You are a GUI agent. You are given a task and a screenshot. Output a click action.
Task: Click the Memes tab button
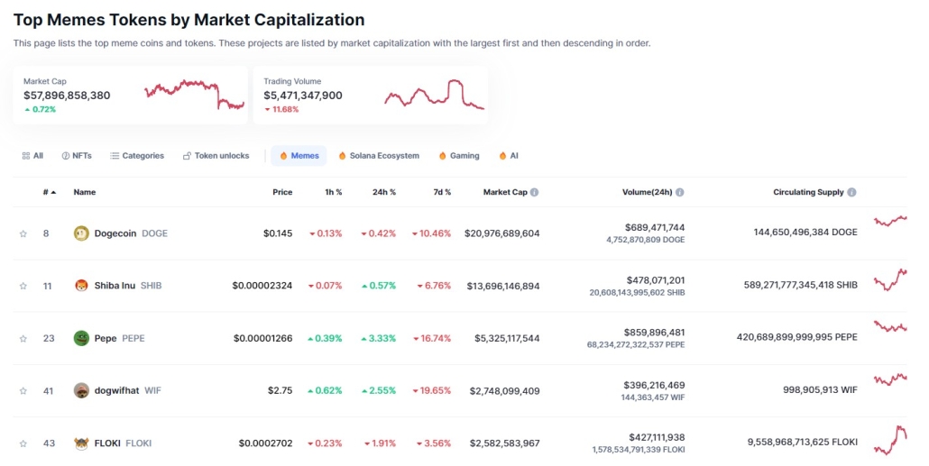click(299, 156)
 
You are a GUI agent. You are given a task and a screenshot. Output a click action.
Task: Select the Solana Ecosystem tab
click(379, 156)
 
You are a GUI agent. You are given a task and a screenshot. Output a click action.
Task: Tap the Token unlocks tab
click(216, 156)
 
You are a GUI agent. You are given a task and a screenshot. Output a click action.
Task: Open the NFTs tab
click(77, 156)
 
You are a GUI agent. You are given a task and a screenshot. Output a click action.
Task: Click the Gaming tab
click(459, 156)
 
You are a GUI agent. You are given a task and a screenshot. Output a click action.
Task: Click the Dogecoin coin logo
click(81, 233)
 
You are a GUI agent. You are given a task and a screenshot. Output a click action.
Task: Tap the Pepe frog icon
click(81, 338)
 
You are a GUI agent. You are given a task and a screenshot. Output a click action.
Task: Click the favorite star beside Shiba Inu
click(23, 286)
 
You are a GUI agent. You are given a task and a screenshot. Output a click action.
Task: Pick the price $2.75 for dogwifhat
click(280, 390)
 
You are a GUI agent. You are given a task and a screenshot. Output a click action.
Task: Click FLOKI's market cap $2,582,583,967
click(504, 443)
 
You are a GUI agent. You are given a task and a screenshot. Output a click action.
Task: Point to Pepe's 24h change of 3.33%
click(379, 338)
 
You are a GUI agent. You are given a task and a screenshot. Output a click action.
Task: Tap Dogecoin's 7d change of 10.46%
click(431, 233)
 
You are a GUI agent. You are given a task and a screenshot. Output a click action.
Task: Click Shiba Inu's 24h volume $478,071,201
click(655, 279)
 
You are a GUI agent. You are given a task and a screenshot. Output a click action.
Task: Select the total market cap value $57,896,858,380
click(67, 95)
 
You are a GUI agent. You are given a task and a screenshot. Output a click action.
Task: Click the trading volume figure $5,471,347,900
click(303, 95)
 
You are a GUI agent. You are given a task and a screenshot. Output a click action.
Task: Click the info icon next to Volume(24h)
click(680, 192)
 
